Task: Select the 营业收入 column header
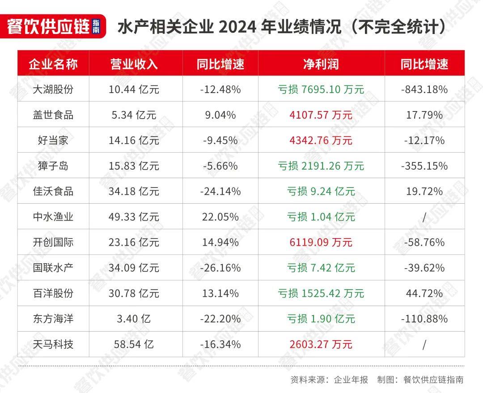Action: [134, 64]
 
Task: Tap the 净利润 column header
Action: [321, 64]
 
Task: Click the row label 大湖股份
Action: [53, 89]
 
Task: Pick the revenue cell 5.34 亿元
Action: [134, 115]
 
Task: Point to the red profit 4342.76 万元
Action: [321, 141]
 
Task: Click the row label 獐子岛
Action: [53, 166]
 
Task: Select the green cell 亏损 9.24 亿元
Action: [321, 192]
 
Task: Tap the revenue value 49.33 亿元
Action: [134, 217]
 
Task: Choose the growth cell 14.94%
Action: [220, 243]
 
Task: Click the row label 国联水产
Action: [53, 268]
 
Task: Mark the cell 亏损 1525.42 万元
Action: [321, 294]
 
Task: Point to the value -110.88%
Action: [424, 319]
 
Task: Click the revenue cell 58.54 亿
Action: [134, 345]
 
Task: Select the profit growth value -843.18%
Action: [424, 89]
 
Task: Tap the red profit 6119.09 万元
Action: [321, 243]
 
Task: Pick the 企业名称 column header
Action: [53, 64]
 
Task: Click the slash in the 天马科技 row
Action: [424, 345]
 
